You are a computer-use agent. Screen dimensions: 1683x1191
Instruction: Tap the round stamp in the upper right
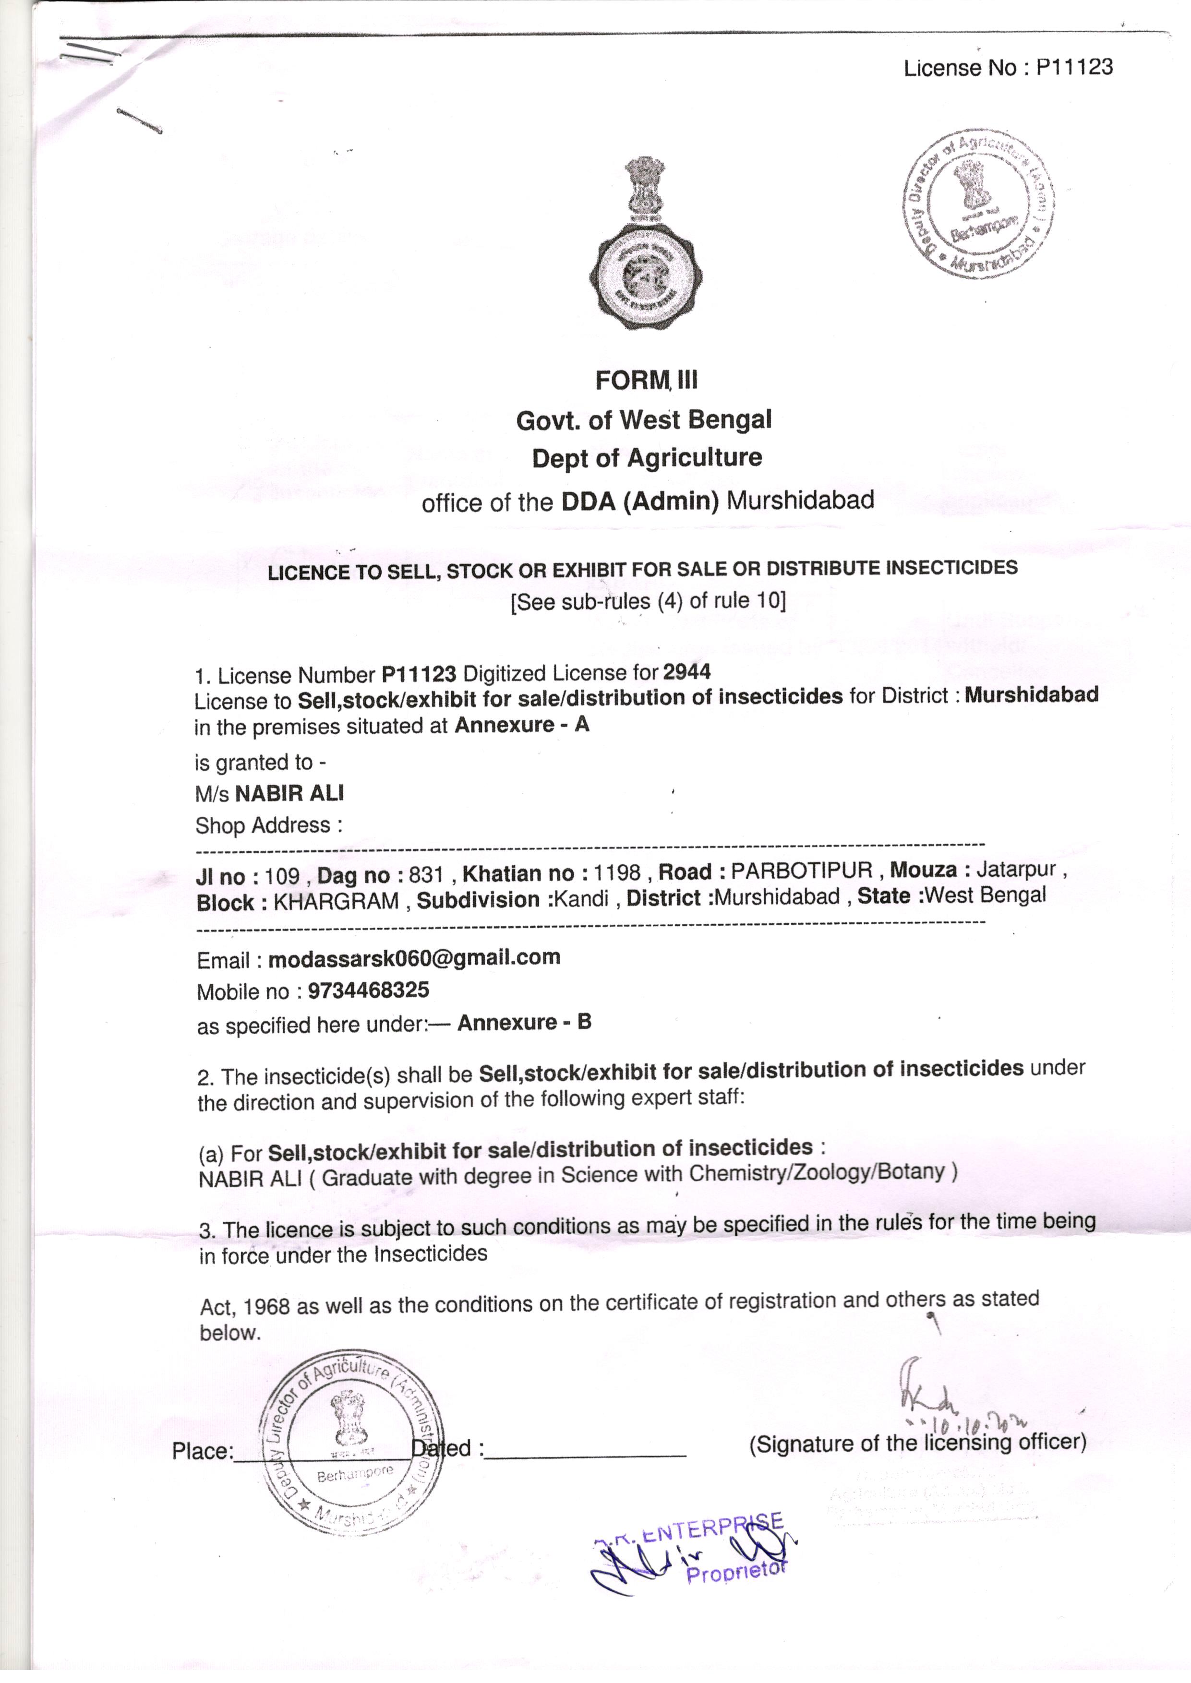point(978,204)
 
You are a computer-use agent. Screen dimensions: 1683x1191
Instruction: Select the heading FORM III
point(646,381)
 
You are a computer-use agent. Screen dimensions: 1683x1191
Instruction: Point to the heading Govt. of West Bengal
point(644,420)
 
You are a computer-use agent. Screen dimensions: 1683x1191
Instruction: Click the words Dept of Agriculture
point(647,458)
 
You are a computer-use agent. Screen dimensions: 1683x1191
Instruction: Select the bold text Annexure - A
point(521,725)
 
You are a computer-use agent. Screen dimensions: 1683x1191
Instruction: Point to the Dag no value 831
point(425,874)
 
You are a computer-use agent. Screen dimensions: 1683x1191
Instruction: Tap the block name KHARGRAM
point(336,901)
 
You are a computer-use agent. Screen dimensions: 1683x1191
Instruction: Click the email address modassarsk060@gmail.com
point(414,957)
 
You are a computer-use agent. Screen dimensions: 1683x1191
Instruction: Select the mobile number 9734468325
point(368,991)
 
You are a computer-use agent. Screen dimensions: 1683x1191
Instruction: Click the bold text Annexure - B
point(524,1023)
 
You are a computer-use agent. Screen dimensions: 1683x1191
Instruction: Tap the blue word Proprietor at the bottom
point(735,1572)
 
